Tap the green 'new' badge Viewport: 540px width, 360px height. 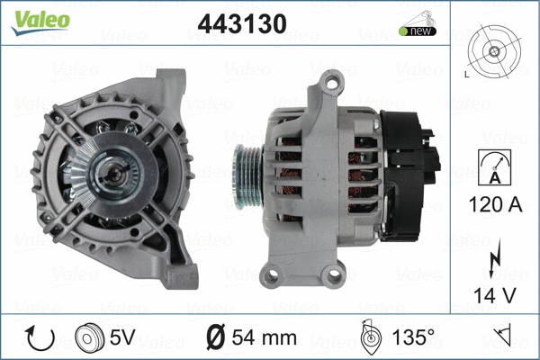click(x=418, y=31)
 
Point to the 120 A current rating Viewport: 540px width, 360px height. click(x=496, y=204)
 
